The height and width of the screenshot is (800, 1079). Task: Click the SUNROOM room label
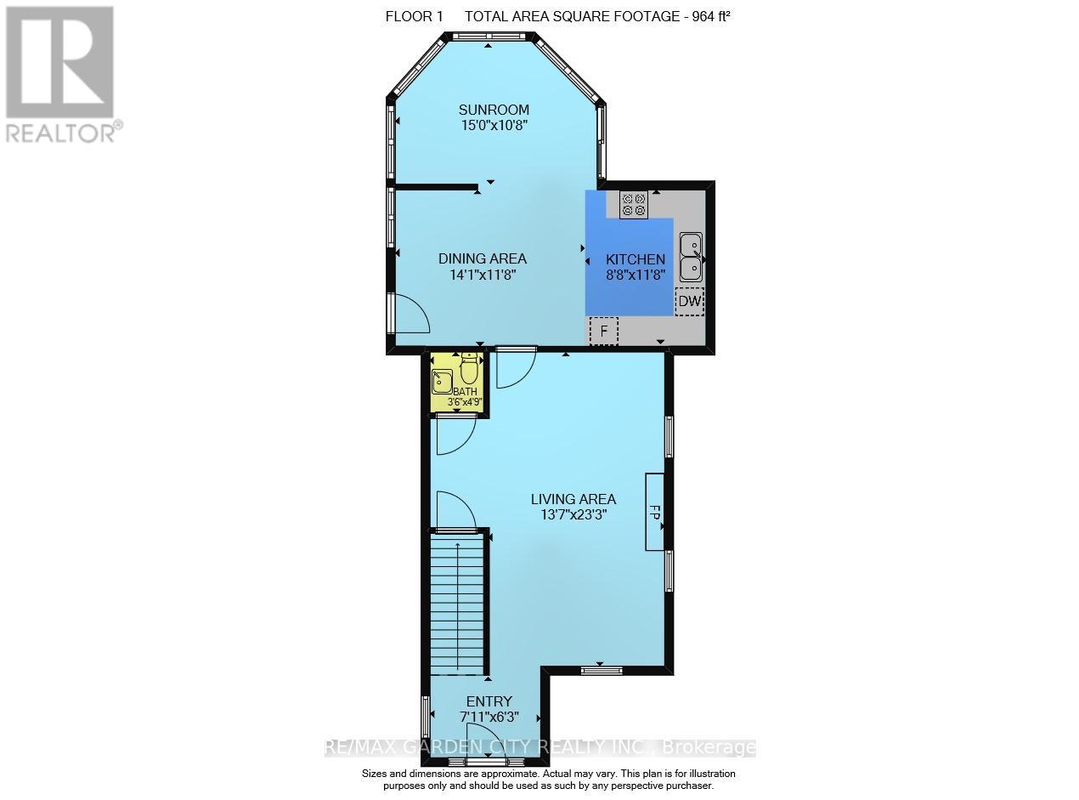click(x=494, y=110)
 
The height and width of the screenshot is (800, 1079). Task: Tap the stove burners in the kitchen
click(x=634, y=205)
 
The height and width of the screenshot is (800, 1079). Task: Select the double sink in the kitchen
click(x=691, y=257)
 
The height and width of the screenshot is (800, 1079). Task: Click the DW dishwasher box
click(x=689, y=302)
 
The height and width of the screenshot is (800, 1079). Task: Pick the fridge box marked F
click(x=604, y=331)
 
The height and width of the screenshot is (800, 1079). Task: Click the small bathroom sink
click(x=442, y=382)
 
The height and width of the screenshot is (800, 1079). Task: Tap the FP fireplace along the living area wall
click(x=655, y=512)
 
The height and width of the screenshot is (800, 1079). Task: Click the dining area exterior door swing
click(x=411, y=313)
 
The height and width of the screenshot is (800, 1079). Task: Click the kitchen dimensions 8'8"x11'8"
click(x=636, y=275)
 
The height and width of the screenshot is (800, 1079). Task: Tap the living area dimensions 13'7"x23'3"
click(x=573, y=514)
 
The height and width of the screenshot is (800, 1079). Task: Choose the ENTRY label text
click(x=489, y=701)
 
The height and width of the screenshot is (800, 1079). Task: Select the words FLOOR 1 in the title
click(x=414, y=16)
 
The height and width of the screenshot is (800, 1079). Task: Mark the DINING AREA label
click(x=482, y=258)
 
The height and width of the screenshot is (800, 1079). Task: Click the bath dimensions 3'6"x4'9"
click(x=465, y=402)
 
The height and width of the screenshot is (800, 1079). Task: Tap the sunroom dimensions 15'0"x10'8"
click(x=494, y=126)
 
